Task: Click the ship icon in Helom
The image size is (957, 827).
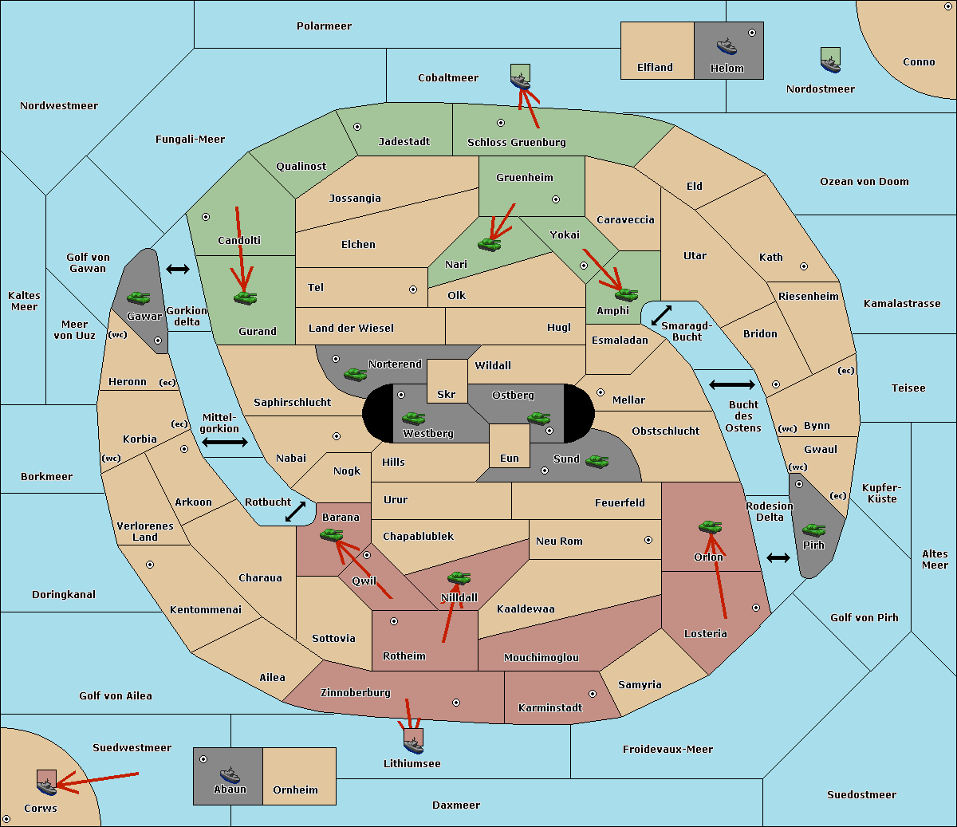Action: pos(727,45)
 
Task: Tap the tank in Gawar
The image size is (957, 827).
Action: pos(139,297)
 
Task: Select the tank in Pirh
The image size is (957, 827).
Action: pos(813,530)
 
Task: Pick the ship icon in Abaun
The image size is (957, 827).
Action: pos(230,774)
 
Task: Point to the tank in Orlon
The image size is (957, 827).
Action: pos(709,526)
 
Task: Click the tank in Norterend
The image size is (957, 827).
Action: pos(355,373)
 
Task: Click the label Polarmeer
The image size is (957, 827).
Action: pos(324,26)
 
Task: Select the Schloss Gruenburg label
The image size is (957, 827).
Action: pos(516,143)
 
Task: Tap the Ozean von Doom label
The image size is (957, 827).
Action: pos(864,182)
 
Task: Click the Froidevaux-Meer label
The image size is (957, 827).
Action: pos(668,750)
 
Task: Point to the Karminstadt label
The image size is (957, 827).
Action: pos(550,708)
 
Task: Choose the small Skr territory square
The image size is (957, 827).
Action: pos(447,380)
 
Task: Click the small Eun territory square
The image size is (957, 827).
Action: pos(509,445)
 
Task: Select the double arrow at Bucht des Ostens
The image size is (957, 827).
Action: pos(731,385)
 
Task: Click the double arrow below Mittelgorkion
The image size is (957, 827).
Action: pos(225,442)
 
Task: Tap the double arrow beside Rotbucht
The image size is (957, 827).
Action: pos(295,511)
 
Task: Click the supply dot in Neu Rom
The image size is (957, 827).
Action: pos(648,540)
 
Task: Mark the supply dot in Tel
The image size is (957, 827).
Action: pos(413,289)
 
